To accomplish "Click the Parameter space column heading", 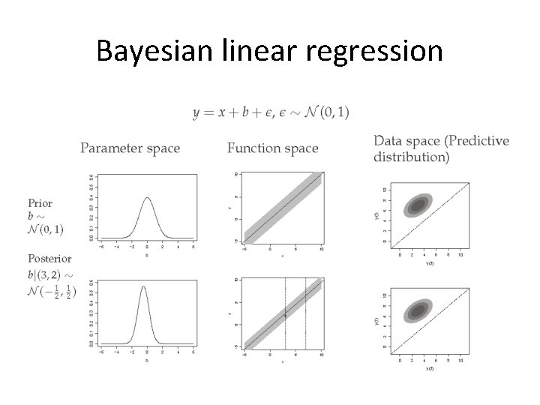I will coord(130,148).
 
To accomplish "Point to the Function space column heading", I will coord(272,148).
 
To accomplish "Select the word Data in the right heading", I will coord(388,140).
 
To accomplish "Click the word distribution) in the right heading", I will coord(412,157).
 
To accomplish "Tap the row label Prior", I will coord(40,202).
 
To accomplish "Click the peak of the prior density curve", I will coord(147,199).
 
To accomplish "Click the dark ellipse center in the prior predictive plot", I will coord(416,204).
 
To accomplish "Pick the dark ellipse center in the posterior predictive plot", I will coord(416,310).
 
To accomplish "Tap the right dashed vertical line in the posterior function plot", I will coord(306,315).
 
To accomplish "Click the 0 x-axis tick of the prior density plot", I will coord(147,244).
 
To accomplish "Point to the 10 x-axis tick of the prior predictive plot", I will coord(460,254).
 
